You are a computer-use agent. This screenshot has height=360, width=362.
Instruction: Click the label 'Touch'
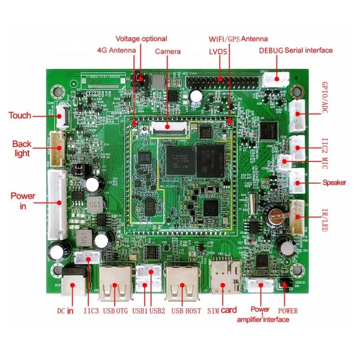19,116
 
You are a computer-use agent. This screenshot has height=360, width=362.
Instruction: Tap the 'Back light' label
21,149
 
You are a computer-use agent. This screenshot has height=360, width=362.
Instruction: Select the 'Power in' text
23,201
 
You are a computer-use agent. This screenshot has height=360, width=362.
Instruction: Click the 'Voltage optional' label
141,39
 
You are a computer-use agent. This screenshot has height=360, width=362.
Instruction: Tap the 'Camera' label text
168,51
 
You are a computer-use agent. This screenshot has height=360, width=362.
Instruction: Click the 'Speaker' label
334,183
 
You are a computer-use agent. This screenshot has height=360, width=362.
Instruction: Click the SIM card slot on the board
224,279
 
